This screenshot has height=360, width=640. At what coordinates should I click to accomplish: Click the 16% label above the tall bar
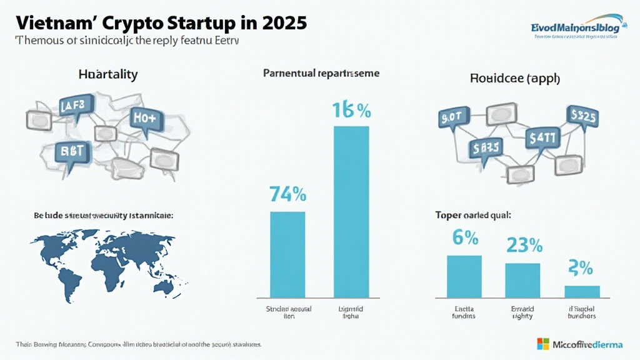tap(351, 110)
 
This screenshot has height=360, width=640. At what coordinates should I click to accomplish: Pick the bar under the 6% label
tap(464, 276)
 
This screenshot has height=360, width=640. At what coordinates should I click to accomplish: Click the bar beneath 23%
tap(522, 280)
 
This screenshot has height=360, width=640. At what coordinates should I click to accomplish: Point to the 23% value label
tap(524, 245)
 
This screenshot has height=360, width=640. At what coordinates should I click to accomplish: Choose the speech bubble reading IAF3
tap(76, 106)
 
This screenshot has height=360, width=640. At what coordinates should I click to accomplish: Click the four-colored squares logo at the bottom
tap(542, 344)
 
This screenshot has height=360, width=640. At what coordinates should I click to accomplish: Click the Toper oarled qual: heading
tap(473, 216)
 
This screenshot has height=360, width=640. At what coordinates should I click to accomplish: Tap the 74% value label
tap(287, 194)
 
